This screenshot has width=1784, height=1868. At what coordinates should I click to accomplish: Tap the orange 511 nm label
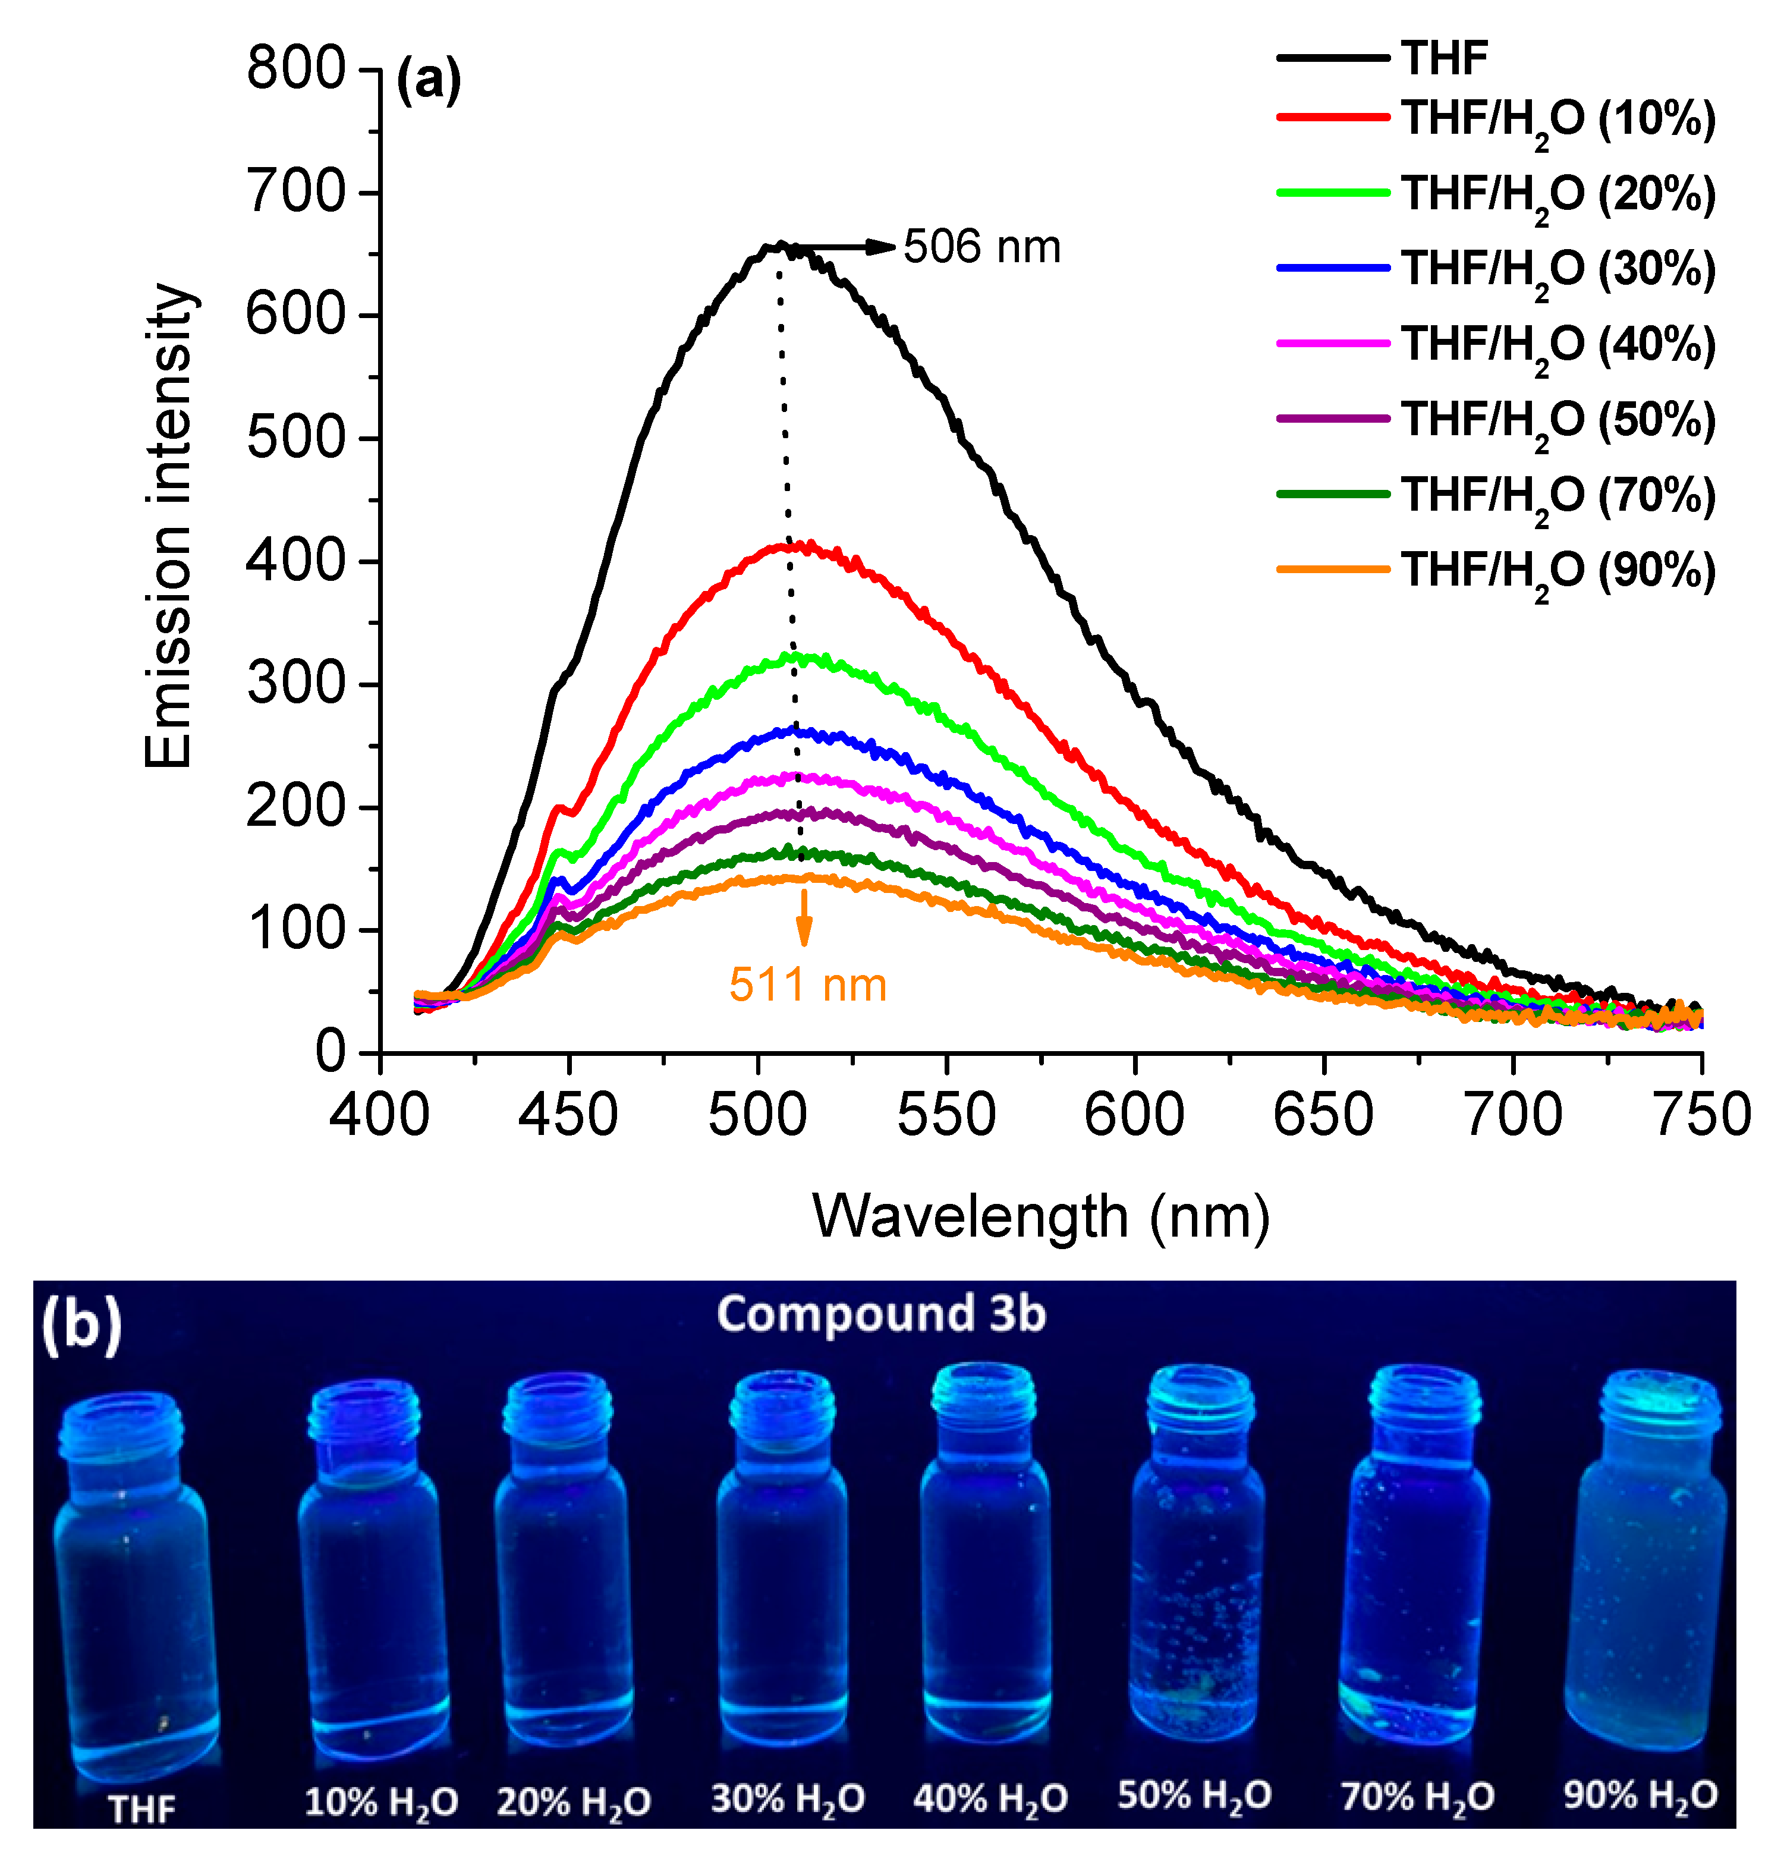[x=807, y=985]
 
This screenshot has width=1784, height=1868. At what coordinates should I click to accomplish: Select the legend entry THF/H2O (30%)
[x=1557, y=270]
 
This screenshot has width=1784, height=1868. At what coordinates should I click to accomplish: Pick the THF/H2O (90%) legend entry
[x=1557, y=571]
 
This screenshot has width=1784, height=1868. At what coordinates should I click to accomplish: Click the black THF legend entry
[x=1443, y=59]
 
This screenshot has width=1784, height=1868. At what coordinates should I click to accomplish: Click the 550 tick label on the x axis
[x=946, y=1115]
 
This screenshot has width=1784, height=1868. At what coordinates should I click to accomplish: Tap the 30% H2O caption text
[x=788, y=1798]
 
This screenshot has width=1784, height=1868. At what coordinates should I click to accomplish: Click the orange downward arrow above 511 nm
[x=804, y=918]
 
